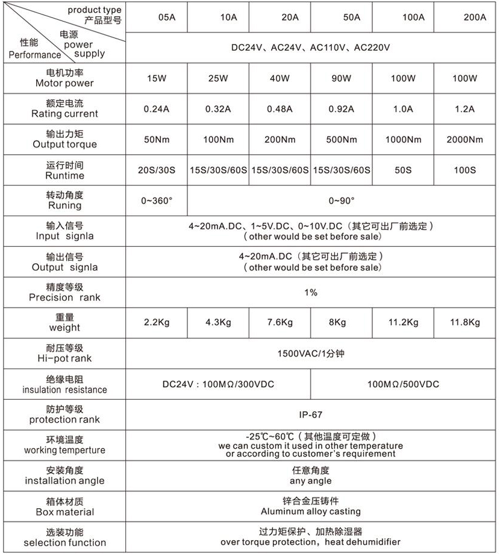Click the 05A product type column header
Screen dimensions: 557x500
[x=167, y=17]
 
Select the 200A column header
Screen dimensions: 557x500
[x=475, y=17]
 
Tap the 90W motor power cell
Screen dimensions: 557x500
[x=341, y=78]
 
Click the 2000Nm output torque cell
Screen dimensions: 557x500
[x=464, y=140]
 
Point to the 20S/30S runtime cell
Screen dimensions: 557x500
[x=157, y=170]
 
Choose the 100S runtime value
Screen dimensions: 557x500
[x=464, y=170]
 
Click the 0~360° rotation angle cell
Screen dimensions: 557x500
[x=157, y=201]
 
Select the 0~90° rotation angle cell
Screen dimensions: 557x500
[x=342, y=201]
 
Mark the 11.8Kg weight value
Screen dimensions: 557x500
[x=464, y=322]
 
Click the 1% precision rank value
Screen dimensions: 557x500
[x=311, y=293]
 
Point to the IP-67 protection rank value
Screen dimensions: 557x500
[x=311, y=415]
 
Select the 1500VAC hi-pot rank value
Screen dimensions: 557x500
[x=311, y=353]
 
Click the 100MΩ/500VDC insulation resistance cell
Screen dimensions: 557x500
[x=403, y=384]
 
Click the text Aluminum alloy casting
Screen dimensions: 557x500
[x=311, y=511]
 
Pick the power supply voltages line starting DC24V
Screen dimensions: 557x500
[x=311, y=48]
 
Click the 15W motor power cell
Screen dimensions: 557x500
[x=157, y=78]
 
